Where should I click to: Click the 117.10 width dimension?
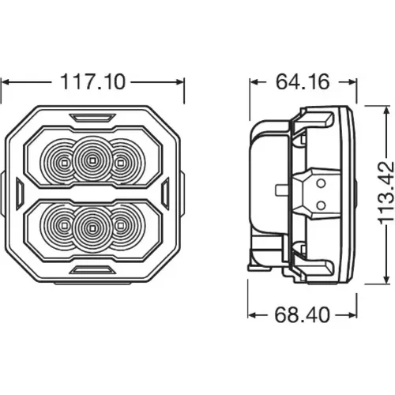[x=93, y=82]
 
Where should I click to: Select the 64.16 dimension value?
[x=303, y=81]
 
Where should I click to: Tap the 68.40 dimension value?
[x=302, y=314]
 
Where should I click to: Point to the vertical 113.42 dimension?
[x=386, y=193]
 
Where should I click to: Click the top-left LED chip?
[x=64, y=164]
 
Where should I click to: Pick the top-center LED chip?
[x=92, y=160]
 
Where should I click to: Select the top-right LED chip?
[x=120, y=164]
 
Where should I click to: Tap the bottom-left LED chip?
[x=64, y=226]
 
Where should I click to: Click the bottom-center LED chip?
[x=92, y=228]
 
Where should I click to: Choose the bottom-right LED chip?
[x=120, y=226]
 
